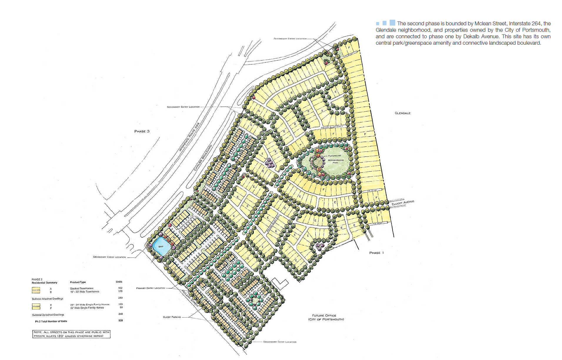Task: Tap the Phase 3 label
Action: pyautogui.click(x=142, y=131)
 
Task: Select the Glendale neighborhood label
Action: pyautogui.click(x=402, y=113)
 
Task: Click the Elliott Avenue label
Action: pyautogui.click(x=403, y=203)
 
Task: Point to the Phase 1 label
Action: pyautogui.click(x=376, y=253)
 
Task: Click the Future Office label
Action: pyautogui.click(x=324, y=315)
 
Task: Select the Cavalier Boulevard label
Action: pyautogui.click(x=203, y=158)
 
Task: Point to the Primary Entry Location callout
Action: pyautogui.click(x=150, y=288)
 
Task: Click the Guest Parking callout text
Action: pyautogui.click(x=172, y=317)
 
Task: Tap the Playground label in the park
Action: pyautogui.click(x=334, y=156)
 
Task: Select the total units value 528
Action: pyautogui.click(x=121, y=320)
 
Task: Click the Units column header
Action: pyautogui.click(x=119, y=281)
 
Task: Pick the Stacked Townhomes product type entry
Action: pyautogui.click(x=81, y=288)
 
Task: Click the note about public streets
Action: pyautogui.click(x=71, y=334)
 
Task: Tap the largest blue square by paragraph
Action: pyautogui.click(x=392, y=23)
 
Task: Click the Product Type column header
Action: pyautogui.click(x=78, y=282)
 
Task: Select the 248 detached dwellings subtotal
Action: pyautogui.click(x=121, y=314)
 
